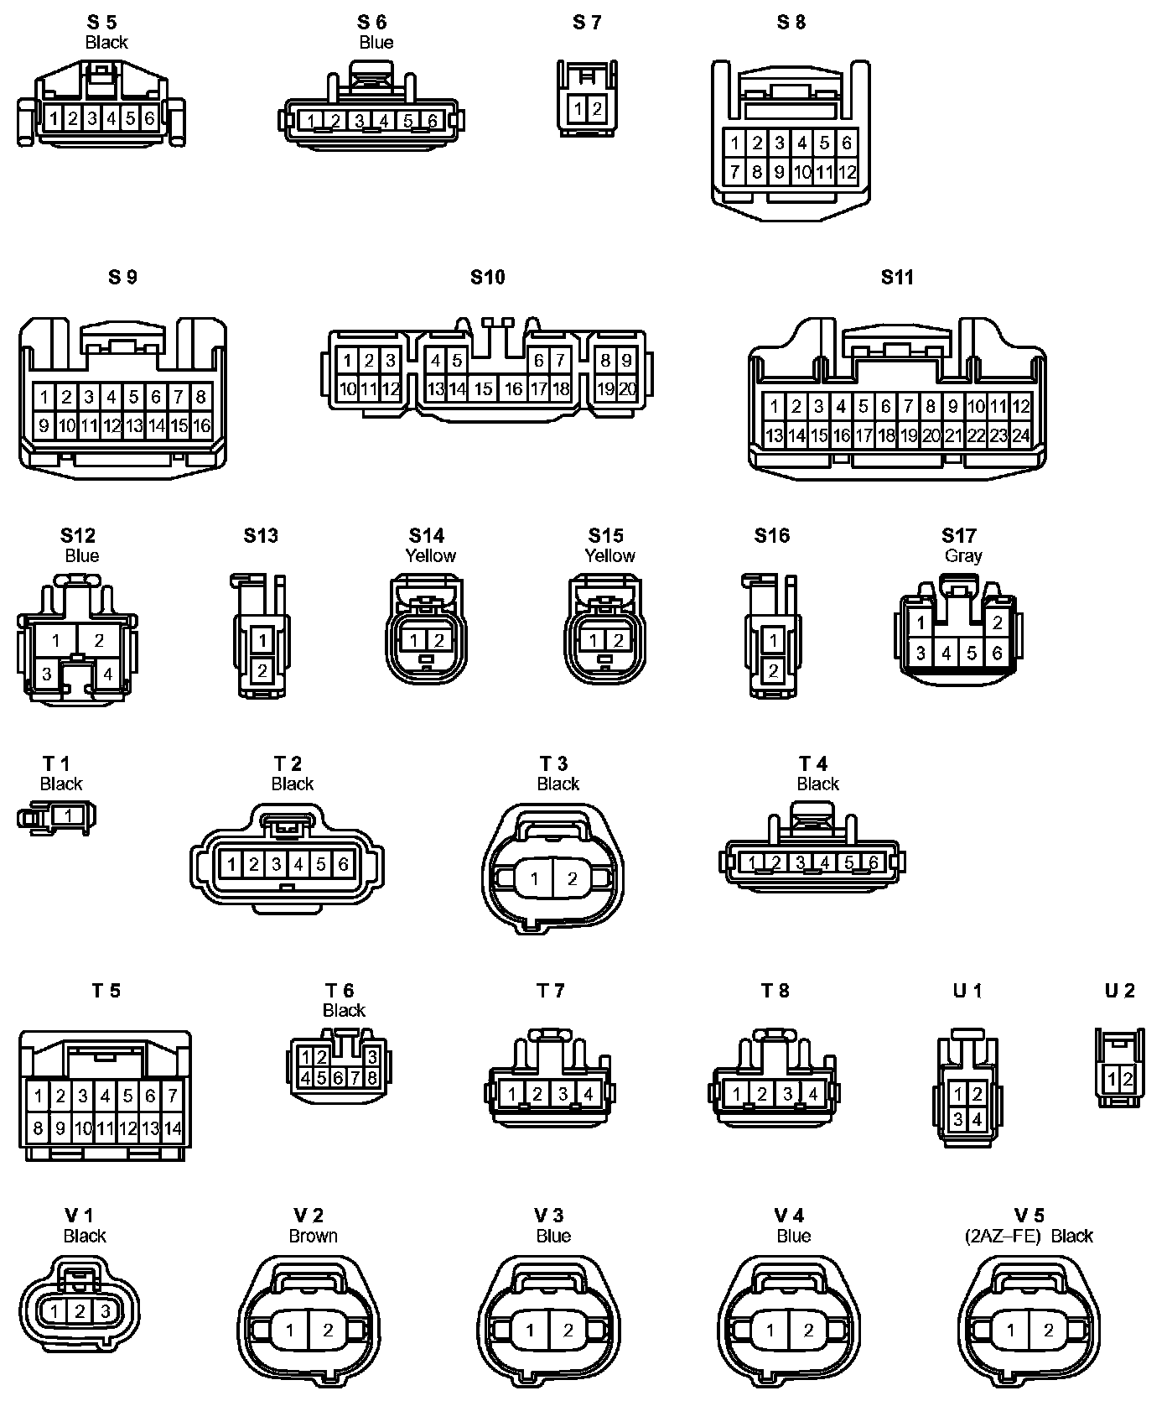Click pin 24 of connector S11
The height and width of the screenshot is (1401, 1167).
1020,435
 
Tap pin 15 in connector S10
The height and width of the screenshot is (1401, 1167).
484,389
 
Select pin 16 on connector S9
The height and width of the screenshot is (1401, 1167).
201,425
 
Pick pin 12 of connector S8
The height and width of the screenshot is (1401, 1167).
848,173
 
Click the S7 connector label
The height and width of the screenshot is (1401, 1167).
587,23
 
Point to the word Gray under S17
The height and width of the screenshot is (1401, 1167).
963,555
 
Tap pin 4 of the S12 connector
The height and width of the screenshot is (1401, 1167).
108,673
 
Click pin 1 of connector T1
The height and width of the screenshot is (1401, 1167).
68,815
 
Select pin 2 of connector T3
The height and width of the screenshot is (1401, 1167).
573,878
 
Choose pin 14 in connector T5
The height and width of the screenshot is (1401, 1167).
173,1128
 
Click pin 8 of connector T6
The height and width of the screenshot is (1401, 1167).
371,1077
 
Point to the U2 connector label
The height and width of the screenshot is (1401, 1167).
1119,991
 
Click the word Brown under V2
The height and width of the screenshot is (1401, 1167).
313,1236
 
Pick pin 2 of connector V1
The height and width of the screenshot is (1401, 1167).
80,1311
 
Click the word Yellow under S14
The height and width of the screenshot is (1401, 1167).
431,555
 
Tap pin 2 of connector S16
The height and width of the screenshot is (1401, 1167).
773,670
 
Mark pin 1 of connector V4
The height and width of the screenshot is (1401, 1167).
770,1330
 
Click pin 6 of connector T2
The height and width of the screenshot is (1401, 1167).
343,864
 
